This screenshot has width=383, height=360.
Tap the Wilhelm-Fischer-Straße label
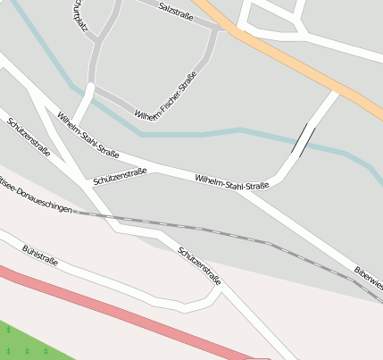click(x=166, y=96)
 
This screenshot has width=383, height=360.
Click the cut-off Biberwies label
click(x=368, y=279)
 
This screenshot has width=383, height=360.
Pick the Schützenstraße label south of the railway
click(x=199, y=265)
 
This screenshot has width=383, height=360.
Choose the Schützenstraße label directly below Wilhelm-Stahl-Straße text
click(x=120, y=176)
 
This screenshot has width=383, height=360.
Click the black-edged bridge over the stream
click(x=304, y=140)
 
